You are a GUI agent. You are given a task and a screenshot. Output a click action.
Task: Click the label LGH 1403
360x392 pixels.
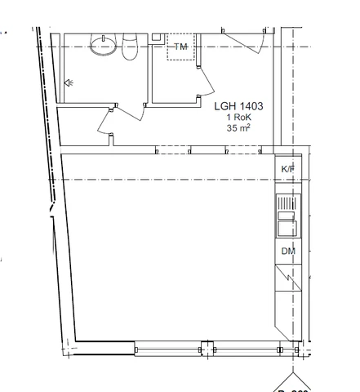[238, 106]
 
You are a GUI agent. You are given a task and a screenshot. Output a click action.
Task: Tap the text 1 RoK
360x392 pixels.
[238, 118]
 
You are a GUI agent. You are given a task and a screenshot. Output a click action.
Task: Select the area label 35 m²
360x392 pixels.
[238, 129]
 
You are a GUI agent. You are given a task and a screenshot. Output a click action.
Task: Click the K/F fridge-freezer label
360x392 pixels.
[287, 169]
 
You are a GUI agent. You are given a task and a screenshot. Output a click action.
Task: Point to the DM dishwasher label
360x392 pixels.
[287, 251]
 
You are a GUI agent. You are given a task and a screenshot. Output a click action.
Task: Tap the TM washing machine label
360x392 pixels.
[181, 47]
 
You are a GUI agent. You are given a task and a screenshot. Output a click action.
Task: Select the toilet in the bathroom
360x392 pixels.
[130, 49]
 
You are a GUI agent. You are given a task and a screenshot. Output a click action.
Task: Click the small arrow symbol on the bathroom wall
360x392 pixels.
[69, 82]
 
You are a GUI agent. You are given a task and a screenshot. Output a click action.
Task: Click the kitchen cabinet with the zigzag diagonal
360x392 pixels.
[287, 280]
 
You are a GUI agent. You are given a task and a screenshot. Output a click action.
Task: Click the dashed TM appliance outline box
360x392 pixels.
[181, 50]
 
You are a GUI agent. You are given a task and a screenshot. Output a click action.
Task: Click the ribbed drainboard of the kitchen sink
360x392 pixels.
[287, 202]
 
